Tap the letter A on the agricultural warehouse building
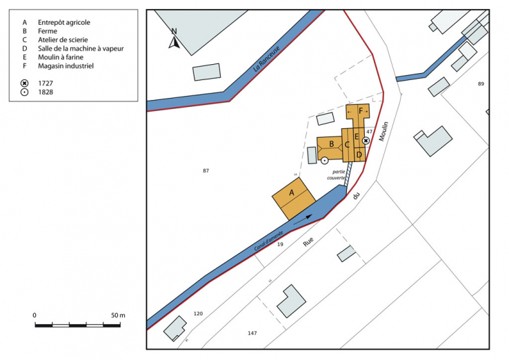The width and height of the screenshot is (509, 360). point(291,192)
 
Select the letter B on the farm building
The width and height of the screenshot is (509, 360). point(332,144)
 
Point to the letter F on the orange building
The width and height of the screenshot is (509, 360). point(361,111)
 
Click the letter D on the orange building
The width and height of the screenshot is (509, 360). point(359,154)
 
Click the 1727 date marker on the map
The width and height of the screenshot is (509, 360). point(366,140)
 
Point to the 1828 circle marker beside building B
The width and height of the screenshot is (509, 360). point(324,160)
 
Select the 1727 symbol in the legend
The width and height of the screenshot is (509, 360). point(25,83)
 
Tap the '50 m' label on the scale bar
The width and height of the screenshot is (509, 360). point(118,315)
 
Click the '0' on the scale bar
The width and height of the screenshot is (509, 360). point(34,315)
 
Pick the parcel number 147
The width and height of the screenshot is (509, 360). point(252,333)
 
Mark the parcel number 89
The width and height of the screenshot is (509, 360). point(481,83)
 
